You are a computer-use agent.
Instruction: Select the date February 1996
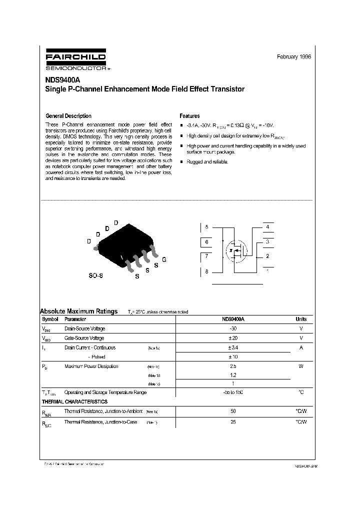pyautogui.click(x=293, y=57)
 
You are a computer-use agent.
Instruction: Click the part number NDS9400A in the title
pyautogui.click(x=63, y=79)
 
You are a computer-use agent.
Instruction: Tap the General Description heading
pyautogui.click(x=68, y=116)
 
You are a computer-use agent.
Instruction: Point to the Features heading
pyautogui.click(x=189, y=116)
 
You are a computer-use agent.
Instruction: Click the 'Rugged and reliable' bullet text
pyautogui.click(x=207, y=162)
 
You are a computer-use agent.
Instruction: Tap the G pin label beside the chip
pyautogui.click(x=164, y=259)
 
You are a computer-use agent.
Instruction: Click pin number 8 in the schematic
pyautogui.click(x=206, y=271)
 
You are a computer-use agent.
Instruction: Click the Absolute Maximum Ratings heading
pyautogui.click(x=78, y=311)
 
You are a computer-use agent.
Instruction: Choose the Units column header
pyautogui.click(x=301, y=319)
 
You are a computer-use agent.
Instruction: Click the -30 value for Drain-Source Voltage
pyautogui.click(x=233, y=328)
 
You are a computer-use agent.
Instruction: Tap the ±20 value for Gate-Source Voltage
pyautogui.click(x=233, y=338)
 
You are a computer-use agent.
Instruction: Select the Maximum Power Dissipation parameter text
pyautogui.click(x=91, y=366)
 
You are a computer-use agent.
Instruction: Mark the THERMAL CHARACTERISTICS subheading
pyautogui.click(x=74, y=401)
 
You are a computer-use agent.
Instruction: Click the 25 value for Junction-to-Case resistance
pyautogui.click(x=233, y=422)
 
